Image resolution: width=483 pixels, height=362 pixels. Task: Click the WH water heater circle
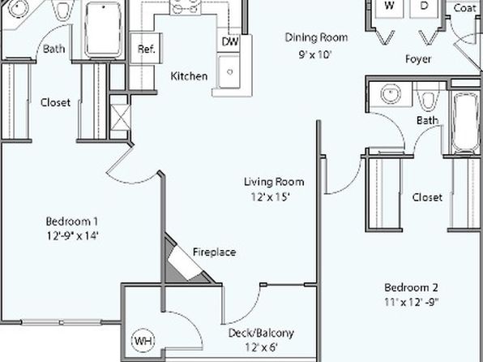pyautogui.click(x=143, y=341)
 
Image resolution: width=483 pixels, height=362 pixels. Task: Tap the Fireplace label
pyautogui.click(x=215, y=252)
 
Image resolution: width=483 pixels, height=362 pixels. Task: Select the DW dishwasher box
pyautogui.click(x=229, y=41)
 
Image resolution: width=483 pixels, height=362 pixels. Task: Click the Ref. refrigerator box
pyautogui.click(x=146, y=49)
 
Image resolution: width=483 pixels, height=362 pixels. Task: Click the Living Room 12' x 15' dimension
pyautogui.click(x=270, y=197)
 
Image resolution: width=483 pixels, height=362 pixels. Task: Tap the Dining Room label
pyautogui.click(x=316, y=37)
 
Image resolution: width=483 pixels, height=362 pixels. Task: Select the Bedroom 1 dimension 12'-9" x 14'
pyautogui.click(x=72, y=236)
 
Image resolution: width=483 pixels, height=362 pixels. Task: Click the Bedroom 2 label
pyautogui.click(x=411, y=287)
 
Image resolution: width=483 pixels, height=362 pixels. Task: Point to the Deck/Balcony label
pyautogui.click(x=261, y=333)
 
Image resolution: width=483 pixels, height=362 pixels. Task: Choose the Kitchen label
pyautogui.click(x=189, y=76)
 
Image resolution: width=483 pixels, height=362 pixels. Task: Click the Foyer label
pyautogui.click(x=418, y=59)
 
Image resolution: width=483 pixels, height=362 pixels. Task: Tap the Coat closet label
pyautogui.click(x=464, y=8)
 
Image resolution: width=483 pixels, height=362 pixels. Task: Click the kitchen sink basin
pyautogui.click(x=229, y=72)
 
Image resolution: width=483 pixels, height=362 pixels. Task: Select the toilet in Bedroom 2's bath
pyautogui.click(x=428, y=97)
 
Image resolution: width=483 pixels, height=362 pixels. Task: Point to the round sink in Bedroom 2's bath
pyautogui.click(x=391, y=93)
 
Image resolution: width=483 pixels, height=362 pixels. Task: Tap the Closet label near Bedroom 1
pyautogui.click(x=55, y=102)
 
